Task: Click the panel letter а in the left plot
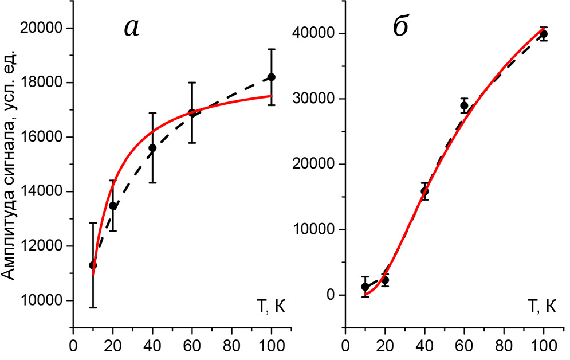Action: [x=132, y=28]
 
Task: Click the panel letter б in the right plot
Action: [x=401, y=28]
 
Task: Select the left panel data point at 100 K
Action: [x=272, y=77]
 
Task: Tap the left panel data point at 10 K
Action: [x=93, y=265]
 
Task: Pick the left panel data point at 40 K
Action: [x=152, y=148]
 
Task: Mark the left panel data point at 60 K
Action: [x=192, y=112]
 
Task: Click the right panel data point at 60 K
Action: [x=464, y=105]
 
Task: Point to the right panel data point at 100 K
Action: [x=544, y=34]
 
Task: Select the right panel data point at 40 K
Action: [x=424, y=191]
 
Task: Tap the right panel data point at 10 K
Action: [x=365, y=287]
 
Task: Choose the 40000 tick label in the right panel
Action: [x=315, y=33]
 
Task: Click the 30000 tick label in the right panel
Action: [x=315, y=99]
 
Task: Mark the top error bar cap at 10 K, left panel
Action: [x=93, y=223]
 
